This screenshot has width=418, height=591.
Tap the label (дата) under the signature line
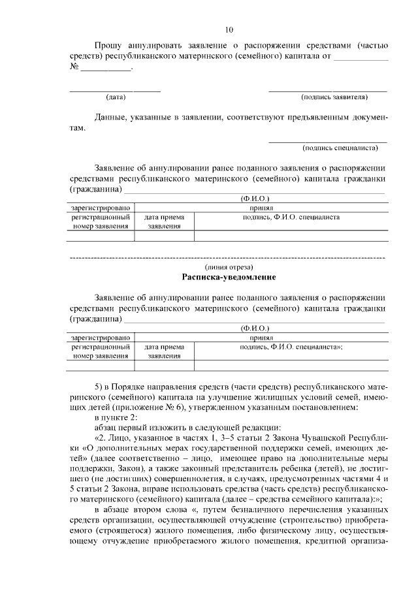pos(116,97)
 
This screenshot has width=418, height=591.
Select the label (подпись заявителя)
pos(334,97)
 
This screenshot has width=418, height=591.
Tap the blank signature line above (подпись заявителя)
pos(327,90)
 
